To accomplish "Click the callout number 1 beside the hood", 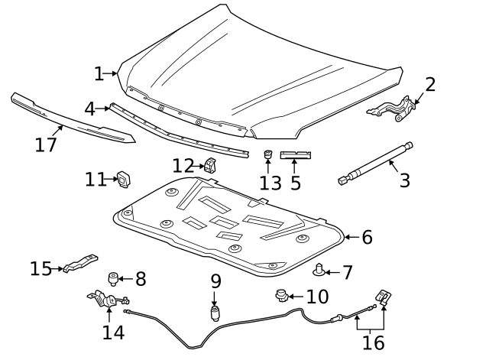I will [99, 73].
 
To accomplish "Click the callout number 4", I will [89, 109].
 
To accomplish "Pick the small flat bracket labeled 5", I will [295, 155].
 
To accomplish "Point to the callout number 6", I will [367, 237].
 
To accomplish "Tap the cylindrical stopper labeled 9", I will [215, 313].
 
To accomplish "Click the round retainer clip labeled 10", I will [282, 295].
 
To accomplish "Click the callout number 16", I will [373, 343].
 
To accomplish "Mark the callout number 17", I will [46, 144].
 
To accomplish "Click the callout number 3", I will [405, 180].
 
